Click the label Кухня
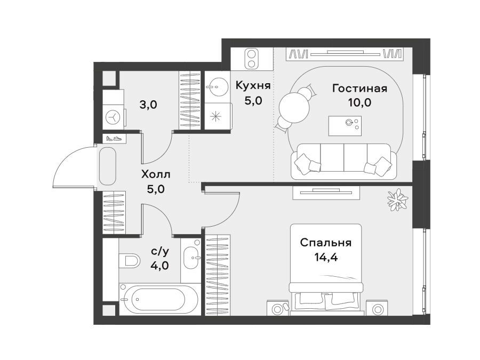click(x=253, y=86)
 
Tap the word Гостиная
click(x=359, y=89)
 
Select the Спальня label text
click(x=326, y=243)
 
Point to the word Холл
click(x=156, y=174)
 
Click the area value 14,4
click(x=326, y=258)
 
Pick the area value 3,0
click(x=148, y=105)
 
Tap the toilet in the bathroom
click(x=129, y=261)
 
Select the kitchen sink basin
click(x=217, y=86)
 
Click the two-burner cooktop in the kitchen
click(x=252, y=59)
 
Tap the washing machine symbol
click(x=113, y=117)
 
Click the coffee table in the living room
click(x=345, y=126)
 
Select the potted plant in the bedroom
click(x=398, y=199)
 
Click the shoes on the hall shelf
click(x=114, y=138)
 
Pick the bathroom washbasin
click(x=190, y=258)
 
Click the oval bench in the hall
click(x=107, y=166)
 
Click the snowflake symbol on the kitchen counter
click(x=217, y=116)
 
